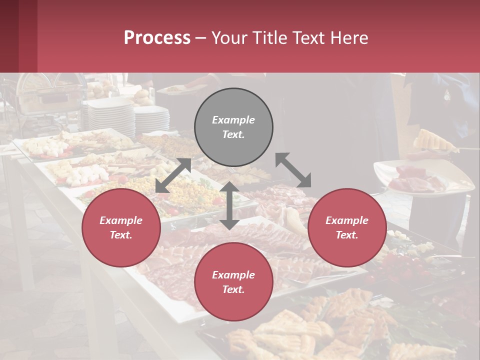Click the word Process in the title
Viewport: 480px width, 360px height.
pyautogui.click(x=157, y=38)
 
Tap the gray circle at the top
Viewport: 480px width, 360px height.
pyautogui.click(x=233, y=127)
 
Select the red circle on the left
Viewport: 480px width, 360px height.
pyautogui.click(x=121, y=227)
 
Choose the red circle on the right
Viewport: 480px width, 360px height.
pyautogui.click(x=347, y=227)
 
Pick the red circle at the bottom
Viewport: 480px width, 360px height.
pyautogui.click(x=233, y=281)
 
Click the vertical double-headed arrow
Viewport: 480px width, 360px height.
pyautogui.click(x=229, y=205)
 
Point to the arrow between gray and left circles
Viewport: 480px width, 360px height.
pyautogui.click(x=173, y=175)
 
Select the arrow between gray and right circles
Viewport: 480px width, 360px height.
pyautogui.click(x=293, y=170)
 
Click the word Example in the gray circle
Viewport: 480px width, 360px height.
pyautogui.click(x=233, y=120)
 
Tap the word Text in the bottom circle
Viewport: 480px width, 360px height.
pyautogui.click(x=233, y=289)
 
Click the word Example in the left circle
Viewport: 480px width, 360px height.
pyautogui.click(x=121, y=220)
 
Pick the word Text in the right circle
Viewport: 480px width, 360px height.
pyautogui.click(x=346, y=235)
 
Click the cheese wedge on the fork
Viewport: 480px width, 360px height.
pyautogui.click(x=433, y=141)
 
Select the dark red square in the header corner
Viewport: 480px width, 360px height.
pyautogui.click(x=18, y=36)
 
